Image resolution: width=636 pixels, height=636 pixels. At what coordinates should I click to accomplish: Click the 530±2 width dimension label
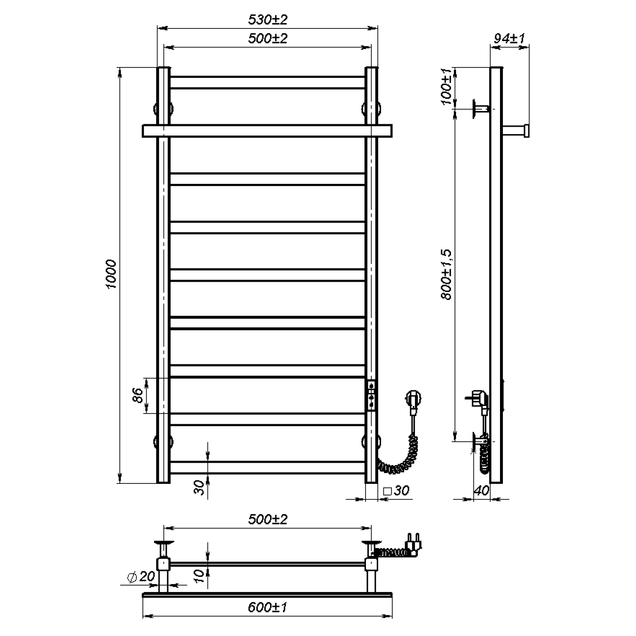(x=268, y=20)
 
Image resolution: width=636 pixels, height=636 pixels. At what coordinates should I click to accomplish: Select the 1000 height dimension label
(x=111, y=274)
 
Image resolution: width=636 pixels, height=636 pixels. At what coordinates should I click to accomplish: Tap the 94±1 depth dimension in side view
(x=509, y=39)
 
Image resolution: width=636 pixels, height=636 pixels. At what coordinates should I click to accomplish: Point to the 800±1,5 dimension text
(x=446, y=274)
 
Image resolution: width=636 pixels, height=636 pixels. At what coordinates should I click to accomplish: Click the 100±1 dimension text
(x=446, y=87)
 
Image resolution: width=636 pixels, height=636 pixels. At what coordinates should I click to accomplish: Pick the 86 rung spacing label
(x=137, y=395)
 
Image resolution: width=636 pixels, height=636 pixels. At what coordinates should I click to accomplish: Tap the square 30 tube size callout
(x=396, y=490)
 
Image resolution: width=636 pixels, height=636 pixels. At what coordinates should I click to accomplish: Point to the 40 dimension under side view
(x=481, y=491)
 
